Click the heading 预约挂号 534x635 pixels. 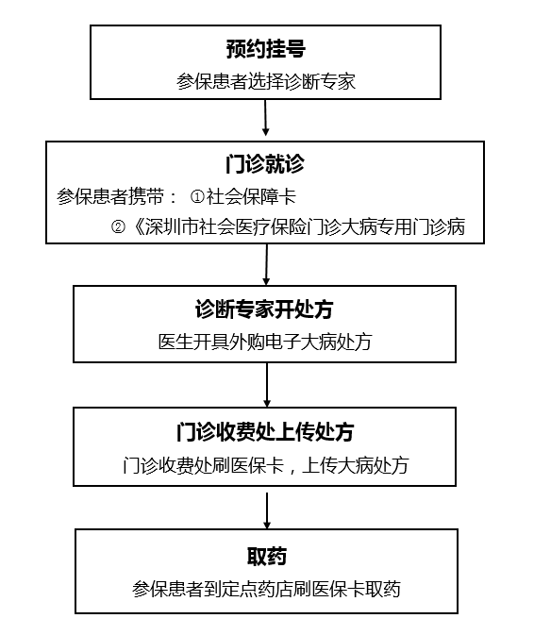(x=265, y=49)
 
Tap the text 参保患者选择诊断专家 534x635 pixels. (x=266, y=81)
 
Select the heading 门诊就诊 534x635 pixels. (x=265, y=164)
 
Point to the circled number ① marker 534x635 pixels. (x=197, y=197)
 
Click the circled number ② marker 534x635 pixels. (x=118, y=226)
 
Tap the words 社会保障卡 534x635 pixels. (x=251, y=197)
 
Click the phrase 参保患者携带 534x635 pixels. (x=110, y=197)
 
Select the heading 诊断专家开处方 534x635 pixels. (x=264, y=309)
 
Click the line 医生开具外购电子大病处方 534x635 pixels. (x=265, y=342)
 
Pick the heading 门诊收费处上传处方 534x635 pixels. (x=265, y=432)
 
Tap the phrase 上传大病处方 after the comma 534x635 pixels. (x=356, y=465)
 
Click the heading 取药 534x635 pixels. (x=267, y=556)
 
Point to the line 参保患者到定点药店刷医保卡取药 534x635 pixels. (x=266, y=589)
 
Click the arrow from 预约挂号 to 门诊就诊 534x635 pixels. (x=265, y=118)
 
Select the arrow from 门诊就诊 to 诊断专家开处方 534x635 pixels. (x=266, y=265)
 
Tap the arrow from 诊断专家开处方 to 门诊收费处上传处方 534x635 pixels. (x=267, y=385)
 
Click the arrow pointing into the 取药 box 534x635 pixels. (x=267, y=510)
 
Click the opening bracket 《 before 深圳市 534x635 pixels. (x=137, y=226)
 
